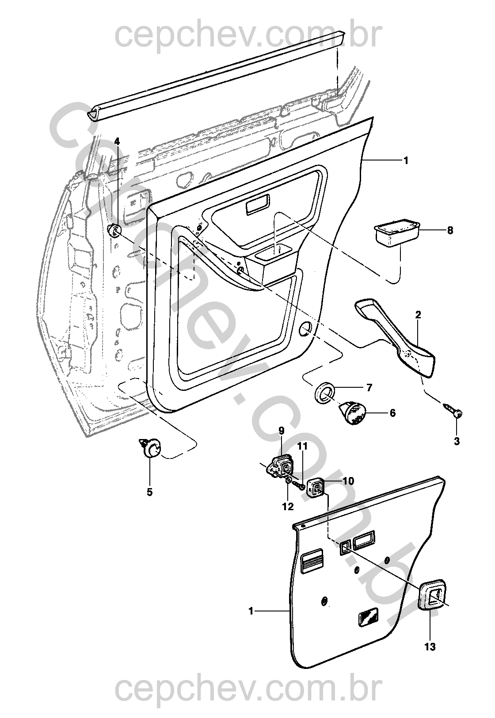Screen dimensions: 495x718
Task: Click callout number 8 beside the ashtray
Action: click(x=450, y=230)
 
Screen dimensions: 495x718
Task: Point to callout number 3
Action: click(x=457, y=441)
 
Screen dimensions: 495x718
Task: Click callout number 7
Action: click(x=369, y=388)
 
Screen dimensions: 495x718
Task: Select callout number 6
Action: click(x=392, y=413)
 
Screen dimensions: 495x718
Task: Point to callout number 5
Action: click(x=150, y=492)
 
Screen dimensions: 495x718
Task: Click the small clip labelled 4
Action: click(x=115, y=231)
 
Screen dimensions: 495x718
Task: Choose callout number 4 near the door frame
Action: click(x=117, y=141)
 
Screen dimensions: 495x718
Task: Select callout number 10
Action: click(x=348, y=481)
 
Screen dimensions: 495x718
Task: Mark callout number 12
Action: click(x=288, y=507)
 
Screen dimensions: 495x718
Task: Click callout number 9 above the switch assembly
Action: click(x=282, y=431)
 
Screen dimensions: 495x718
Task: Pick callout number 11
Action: click(x=302, y=446)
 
